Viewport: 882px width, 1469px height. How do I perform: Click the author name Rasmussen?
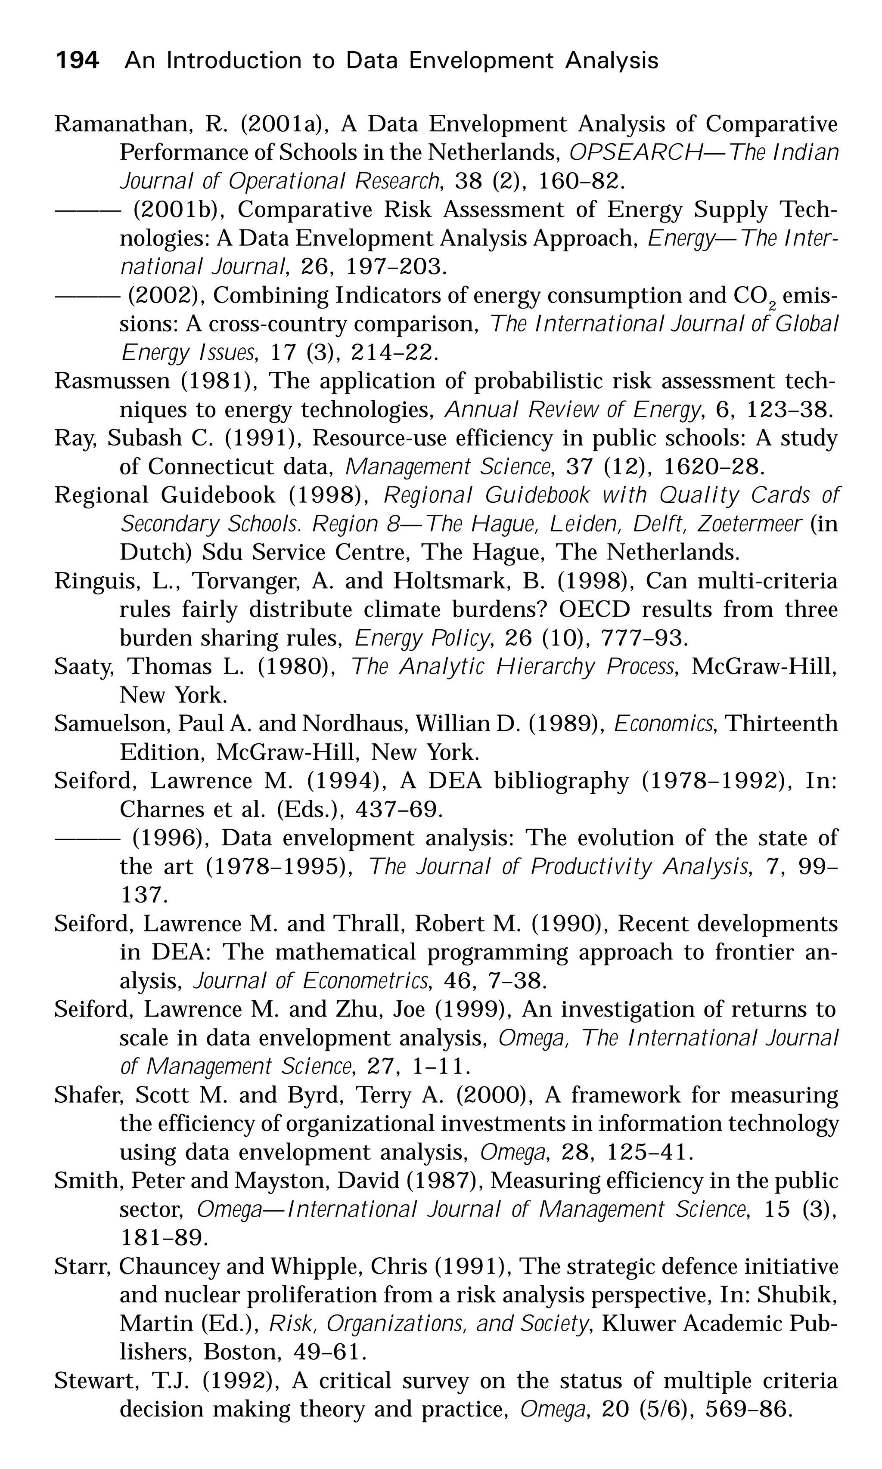[112, 381]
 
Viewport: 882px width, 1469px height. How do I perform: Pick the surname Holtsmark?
[449, 580]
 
